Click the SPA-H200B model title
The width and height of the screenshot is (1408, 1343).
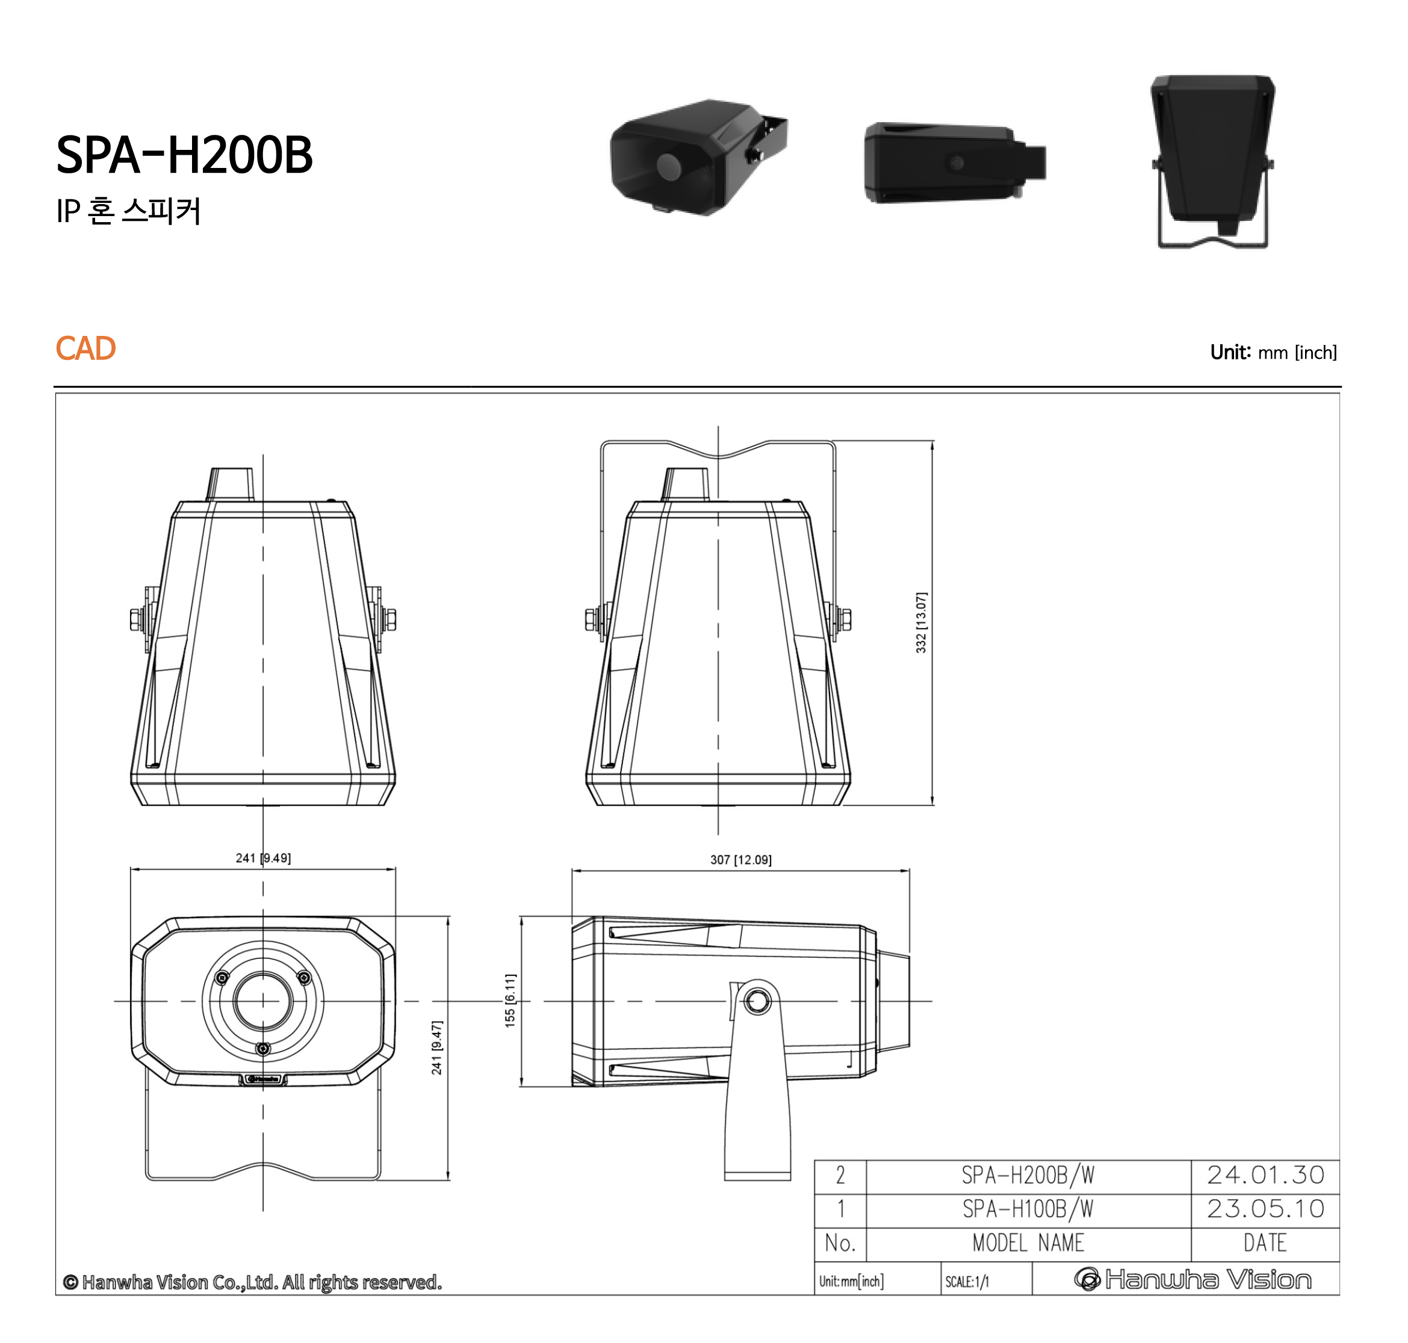tap(184, 155)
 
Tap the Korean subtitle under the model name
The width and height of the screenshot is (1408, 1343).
tap(129, 211)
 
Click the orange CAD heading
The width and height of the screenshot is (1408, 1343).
tap(85, 349)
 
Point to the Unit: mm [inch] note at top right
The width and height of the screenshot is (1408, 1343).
tap(1272, 352)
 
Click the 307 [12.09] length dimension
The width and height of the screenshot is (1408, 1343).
tap(740, 859)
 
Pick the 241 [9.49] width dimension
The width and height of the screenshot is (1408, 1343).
tap(262, 858)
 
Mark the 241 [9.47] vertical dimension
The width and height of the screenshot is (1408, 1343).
tap(436, 1047)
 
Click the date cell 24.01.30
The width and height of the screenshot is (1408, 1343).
tap(1264, 1175)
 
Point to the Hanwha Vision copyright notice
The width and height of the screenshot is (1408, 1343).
tap(252, 1282)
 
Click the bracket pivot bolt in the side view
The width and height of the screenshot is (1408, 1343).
tap(757, 1000)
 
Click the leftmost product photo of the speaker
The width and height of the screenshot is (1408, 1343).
tap(698, 158)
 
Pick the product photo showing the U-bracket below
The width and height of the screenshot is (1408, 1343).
tap(1212, 161)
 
